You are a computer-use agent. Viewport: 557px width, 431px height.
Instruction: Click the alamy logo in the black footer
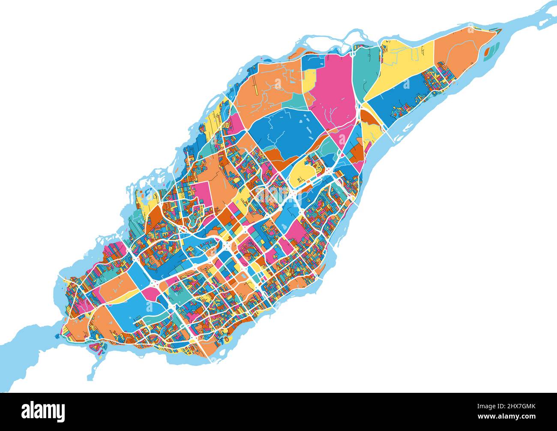(45, 411)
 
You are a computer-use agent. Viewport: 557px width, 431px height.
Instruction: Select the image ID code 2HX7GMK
(513, 405)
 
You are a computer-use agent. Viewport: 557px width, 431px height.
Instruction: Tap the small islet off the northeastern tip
(488, 52)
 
